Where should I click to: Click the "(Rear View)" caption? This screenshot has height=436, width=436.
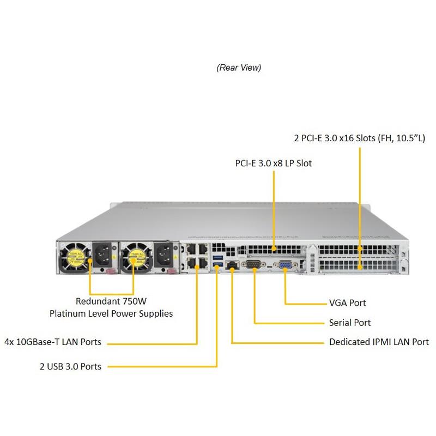coord(239,68)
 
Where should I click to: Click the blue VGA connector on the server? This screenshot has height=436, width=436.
coord(284,265)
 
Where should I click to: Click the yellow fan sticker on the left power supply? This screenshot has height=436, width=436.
coord(73,256)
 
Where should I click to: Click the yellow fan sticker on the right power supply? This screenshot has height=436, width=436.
coord(133,256)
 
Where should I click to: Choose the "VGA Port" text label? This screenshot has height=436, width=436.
coord(347,302)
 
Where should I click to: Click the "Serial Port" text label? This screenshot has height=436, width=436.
coord(349,323)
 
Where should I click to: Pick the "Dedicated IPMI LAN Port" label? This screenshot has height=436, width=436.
coord(379,342)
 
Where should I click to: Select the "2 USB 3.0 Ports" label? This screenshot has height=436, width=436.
coord(70,366)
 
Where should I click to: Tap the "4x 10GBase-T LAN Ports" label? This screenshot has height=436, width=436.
coord(52,342)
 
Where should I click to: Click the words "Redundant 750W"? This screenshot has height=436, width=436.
coord(111,301)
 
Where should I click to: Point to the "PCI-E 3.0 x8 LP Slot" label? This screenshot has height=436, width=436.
coord(274,163)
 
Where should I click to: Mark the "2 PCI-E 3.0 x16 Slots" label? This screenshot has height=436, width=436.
coord(359,138)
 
